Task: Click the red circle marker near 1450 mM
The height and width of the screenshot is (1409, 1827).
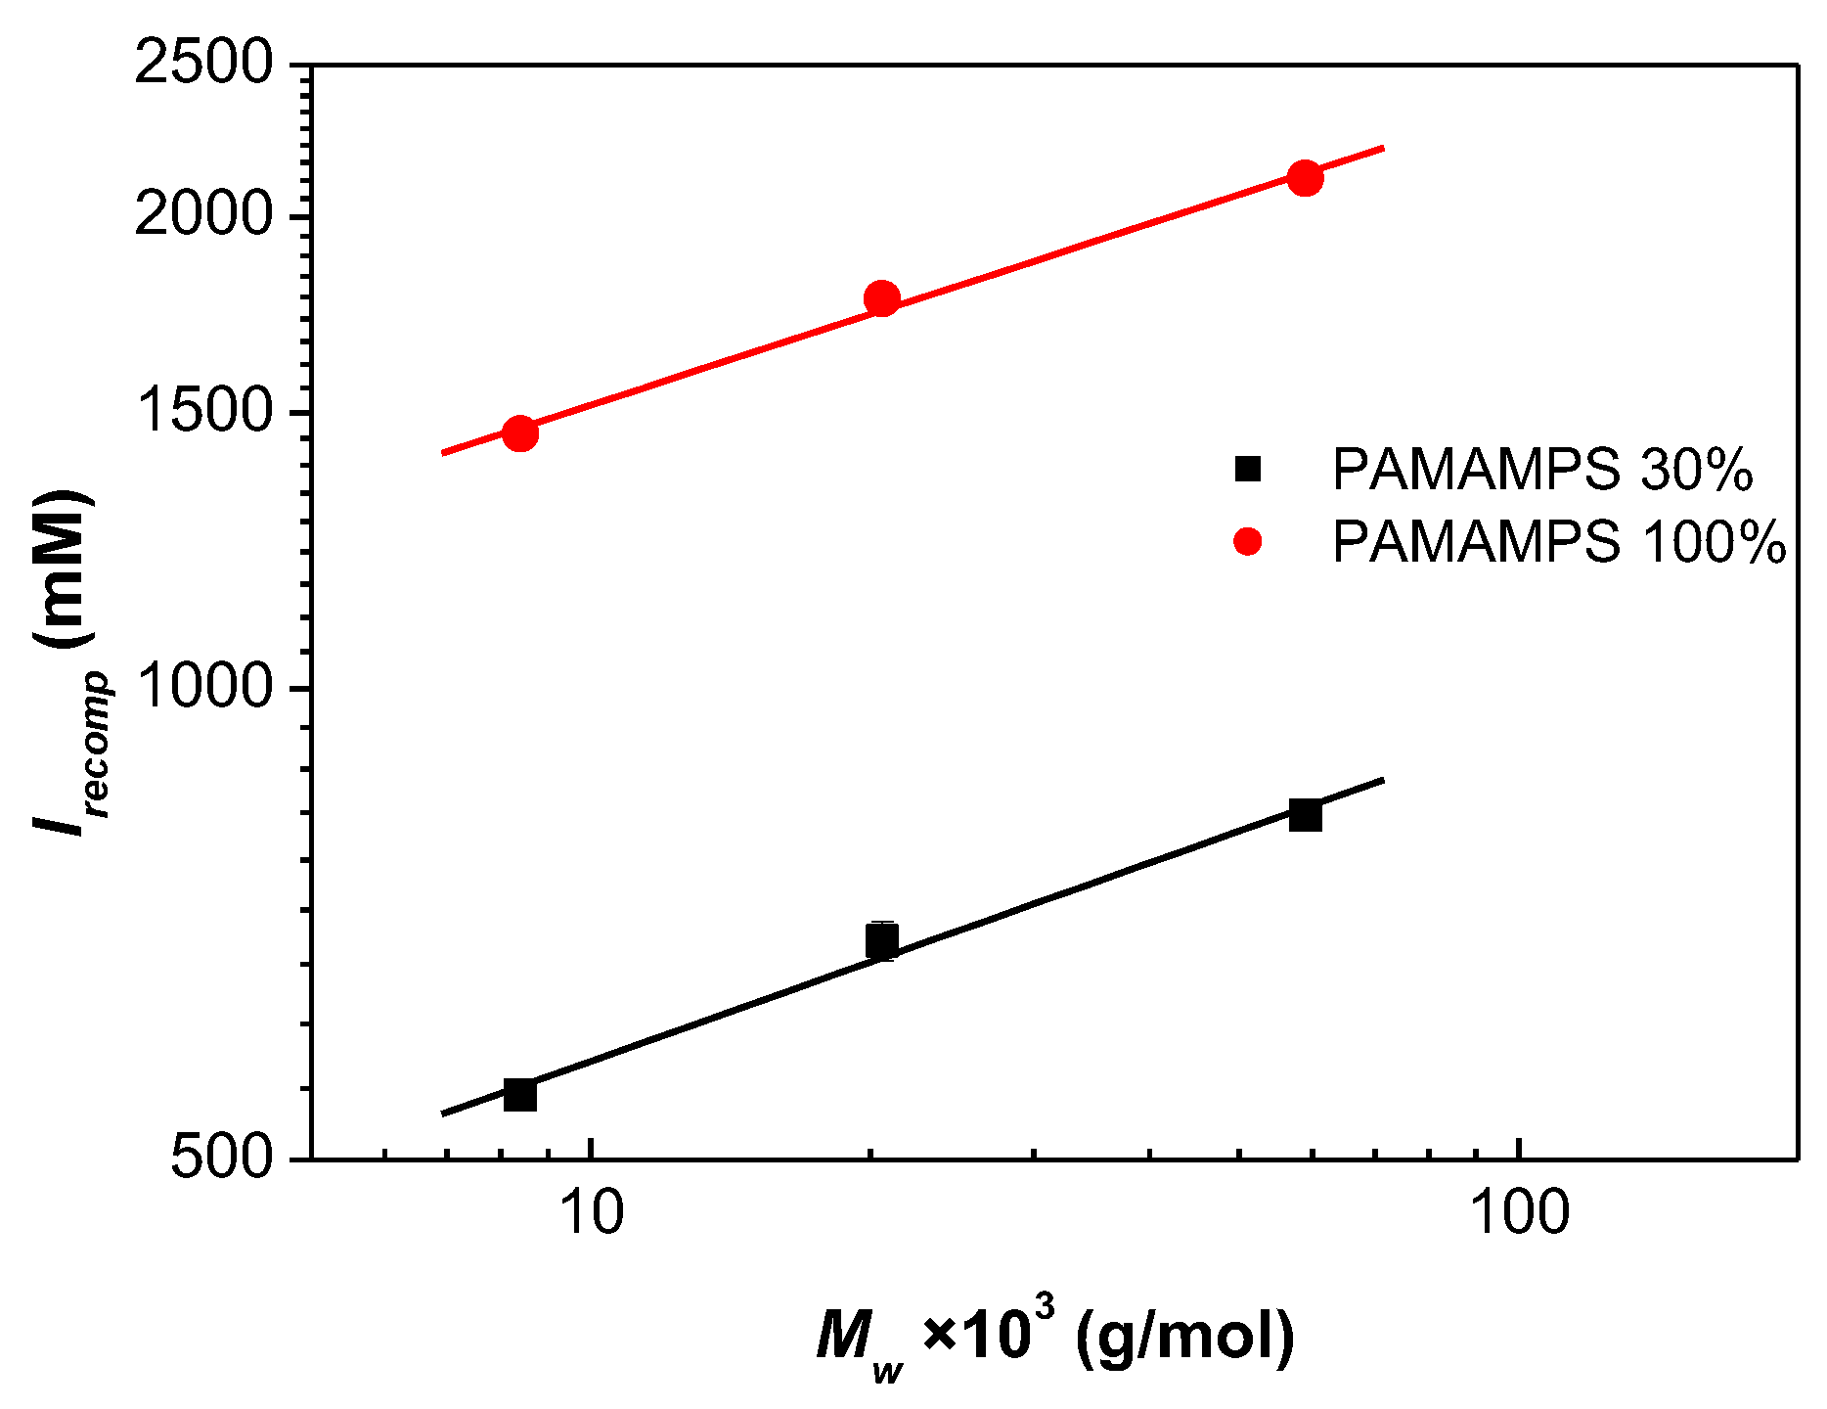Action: pyautogui.click(x=519, y=432)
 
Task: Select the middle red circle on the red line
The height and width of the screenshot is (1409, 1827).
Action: pyautogui.click(x=882, y=298)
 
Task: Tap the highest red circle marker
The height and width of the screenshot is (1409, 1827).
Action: pyautogui.click(x=1305, y=178)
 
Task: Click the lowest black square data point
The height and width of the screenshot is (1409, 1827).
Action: pyautogui.click(x=519, y=1094)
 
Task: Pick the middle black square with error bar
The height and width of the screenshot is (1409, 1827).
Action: pyautogui.click(x=882, y=941)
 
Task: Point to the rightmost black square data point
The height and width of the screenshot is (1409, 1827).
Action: pyautogui.click(x=1305, y=814)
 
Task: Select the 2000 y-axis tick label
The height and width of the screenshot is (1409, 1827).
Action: pyautogui.click(x=202, y=215)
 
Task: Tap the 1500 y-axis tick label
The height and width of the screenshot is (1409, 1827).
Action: pyautogui.click(x=202, y=411)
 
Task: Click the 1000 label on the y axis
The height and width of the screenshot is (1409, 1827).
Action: pyautogui.click(x=202, y=687)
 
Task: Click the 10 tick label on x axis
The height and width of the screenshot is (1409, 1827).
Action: pyautogui.click(x=591, y=1213)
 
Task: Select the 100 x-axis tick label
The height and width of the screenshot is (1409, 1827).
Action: pyautogui.click(x=1519, y=1213)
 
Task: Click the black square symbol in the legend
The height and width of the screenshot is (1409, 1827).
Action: pyautogui.click(x=1248, y=469)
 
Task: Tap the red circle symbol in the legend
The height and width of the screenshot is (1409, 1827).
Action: pyautogui.click(x=1248, y=541)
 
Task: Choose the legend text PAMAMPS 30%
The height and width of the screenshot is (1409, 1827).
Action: pyautogui.click(x=1542, y=470)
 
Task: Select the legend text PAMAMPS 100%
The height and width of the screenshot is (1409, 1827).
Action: pyautogui.click(x=1559, y=542)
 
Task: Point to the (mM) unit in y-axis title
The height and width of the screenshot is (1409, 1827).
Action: pyautogui.click(x=64, y=568)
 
